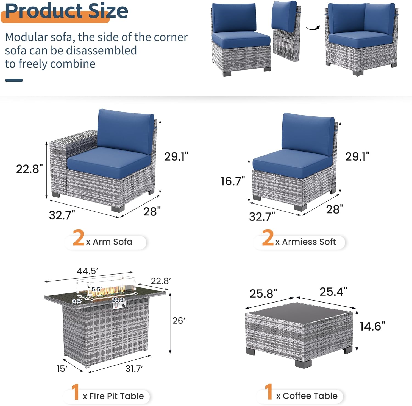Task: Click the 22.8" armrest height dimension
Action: [x=29, y=169]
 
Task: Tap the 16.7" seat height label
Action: [x=233, y=181]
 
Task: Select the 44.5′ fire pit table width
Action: [x=87, y=271]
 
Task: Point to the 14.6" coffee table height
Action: [x=372, y=326]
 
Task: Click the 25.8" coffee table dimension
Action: [x=263, y=294]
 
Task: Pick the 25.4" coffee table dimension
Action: [x=333, y=292]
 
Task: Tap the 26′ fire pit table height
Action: [x=179, y=320]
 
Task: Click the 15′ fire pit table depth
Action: [x=62, y=369]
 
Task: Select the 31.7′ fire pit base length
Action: [x=134, y=369]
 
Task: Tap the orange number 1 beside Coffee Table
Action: [x=269, y=392]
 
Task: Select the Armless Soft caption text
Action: [x=309, y=242]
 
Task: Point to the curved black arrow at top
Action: [x=313, y=28]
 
